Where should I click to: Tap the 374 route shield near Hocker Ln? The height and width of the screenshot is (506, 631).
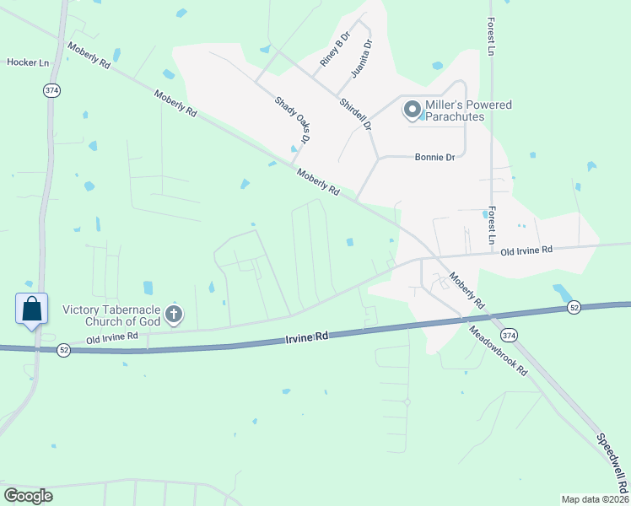point(52,90)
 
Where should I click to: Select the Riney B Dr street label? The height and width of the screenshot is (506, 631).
point(334,53)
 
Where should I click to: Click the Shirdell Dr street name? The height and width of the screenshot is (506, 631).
point(355,113)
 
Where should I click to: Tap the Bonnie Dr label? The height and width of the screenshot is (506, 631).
point(434,157)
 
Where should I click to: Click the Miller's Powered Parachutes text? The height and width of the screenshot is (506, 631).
point(469,110)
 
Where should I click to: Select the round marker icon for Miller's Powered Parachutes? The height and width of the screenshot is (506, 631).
point(413,109)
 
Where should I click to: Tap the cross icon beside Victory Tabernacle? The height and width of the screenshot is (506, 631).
point(174,315)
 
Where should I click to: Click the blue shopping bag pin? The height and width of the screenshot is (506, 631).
point(32,309)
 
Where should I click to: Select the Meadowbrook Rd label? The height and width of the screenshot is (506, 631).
point(499,351)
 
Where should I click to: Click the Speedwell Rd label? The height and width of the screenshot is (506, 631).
point(613,464)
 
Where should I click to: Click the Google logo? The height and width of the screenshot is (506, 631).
point(28,495)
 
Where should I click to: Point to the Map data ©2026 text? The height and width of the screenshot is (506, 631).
point(595,499)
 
